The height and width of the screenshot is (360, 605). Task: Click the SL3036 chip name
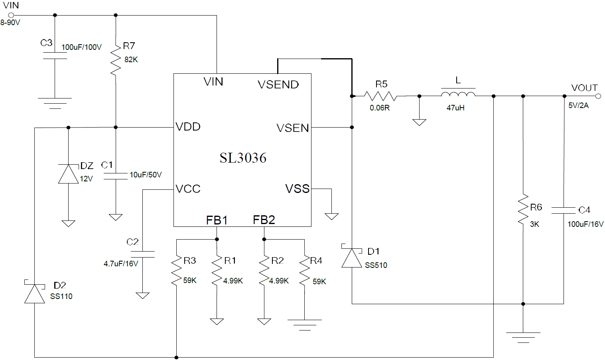[x=243, y=158]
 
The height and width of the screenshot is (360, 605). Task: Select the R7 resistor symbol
[x=116, y=59]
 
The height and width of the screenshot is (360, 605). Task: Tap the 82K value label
[x=131, y=60]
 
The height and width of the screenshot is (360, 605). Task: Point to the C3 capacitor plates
[x=55, y=56]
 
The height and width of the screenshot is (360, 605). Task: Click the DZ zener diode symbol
[x=68, y=174]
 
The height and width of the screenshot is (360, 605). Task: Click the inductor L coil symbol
[x=458, y=94]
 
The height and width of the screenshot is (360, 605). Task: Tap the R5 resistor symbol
[x=380, y=96]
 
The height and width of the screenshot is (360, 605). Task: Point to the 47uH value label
[x=455, y=108]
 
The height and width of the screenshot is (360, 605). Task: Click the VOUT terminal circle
[x=598, y=96]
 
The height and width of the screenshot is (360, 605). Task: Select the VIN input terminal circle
[x=11, y=15]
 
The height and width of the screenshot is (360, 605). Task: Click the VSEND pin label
[x=278, y=85]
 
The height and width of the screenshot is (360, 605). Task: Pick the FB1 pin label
[x=217, y=220]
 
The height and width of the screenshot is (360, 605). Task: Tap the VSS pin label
[x=298, y=189]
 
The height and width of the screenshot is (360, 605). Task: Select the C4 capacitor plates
[x=564, y=210]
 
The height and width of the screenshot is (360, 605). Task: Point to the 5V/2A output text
[x=578, y=105]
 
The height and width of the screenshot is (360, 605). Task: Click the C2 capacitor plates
[x=142, y=254]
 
